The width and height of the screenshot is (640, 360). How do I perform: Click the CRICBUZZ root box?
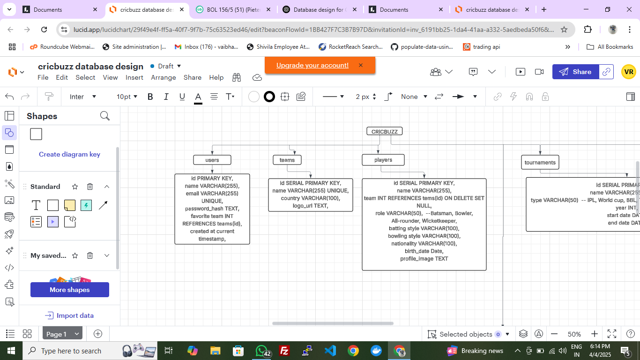click(384, 132)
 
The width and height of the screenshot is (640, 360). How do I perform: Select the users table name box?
click(212, 160)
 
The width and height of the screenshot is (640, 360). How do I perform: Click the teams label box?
click(287, 160)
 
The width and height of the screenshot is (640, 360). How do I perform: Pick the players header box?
click(383, 160)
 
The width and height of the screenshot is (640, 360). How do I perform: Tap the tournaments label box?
click(540, 163)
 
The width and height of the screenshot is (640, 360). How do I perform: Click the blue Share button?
click(575, 72)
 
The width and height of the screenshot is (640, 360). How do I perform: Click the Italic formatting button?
click(166, 97)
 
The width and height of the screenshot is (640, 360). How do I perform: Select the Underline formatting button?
click(182, 97)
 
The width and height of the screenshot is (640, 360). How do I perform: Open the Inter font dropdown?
click(83, 97)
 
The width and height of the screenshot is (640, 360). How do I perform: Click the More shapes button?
click(70, 290)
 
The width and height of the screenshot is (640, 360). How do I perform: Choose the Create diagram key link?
click(69, 154)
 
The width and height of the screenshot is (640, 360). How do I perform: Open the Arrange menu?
click(164, 77)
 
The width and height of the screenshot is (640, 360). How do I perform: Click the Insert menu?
click(134, 77)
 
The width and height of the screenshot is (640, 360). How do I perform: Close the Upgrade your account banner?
click(361, 65)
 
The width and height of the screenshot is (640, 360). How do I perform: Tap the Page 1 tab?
click(57, 334)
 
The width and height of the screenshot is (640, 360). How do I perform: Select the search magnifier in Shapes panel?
click(105, 116)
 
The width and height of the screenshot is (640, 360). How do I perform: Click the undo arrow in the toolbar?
click(9, 97)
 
